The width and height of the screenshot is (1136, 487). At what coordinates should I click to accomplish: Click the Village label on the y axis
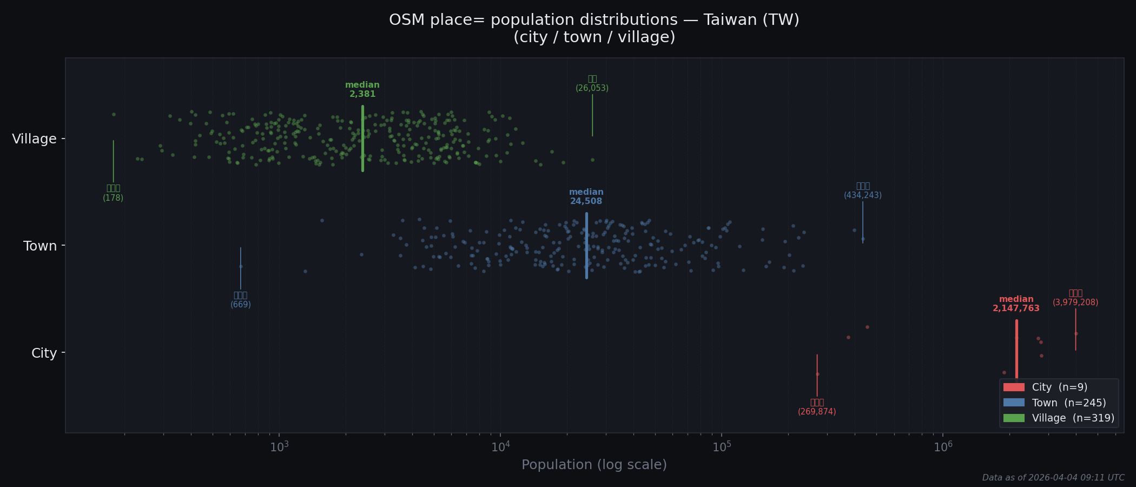[x=34, y=139]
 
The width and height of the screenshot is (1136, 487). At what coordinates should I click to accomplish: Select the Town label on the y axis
[x=39, y=246]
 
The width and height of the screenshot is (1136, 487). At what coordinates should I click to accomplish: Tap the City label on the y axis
[x=44, y=353]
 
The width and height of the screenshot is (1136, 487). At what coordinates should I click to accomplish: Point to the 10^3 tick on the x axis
[x=279, y=447]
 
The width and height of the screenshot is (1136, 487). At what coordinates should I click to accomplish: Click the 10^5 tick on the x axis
[x=722, y=447]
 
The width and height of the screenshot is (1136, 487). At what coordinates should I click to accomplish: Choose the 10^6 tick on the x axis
[x=943, y=447]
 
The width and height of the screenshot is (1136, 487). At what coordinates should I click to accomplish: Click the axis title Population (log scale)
[x=594, y=465]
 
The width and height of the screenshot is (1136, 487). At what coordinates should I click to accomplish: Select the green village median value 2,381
[x=362, y=94]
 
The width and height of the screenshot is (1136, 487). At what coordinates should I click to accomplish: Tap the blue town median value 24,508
[x=586, y=201]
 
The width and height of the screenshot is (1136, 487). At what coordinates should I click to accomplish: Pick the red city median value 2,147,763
[x=1016, y=308]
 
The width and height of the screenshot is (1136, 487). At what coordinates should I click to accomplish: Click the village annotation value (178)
[x=113, y=198]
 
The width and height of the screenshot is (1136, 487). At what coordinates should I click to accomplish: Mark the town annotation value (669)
[x=241, y=305]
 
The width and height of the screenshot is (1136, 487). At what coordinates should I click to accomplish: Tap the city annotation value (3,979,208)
[x=1075, y=302]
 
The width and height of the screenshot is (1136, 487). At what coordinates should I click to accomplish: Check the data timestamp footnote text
[x=1053, y=478]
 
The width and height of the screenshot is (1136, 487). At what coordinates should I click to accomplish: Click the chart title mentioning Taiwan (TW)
[x=594, y=20]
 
